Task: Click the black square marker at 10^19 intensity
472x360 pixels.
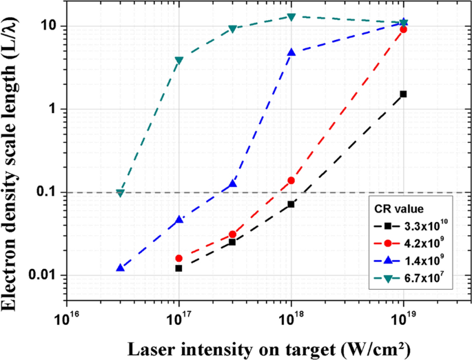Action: (403, 94)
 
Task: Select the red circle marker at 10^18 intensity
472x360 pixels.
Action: (291, 180)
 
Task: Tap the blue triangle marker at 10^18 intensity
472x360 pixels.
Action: (291, 52)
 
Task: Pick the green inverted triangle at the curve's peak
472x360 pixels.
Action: (291, 17)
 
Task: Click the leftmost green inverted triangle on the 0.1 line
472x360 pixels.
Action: (121, 193)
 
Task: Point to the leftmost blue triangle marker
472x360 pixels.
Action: (121, 268)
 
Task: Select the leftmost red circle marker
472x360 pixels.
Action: (179, 258)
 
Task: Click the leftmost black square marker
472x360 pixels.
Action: (179, 268)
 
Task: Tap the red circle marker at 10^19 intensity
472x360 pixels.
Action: (403, 30)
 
